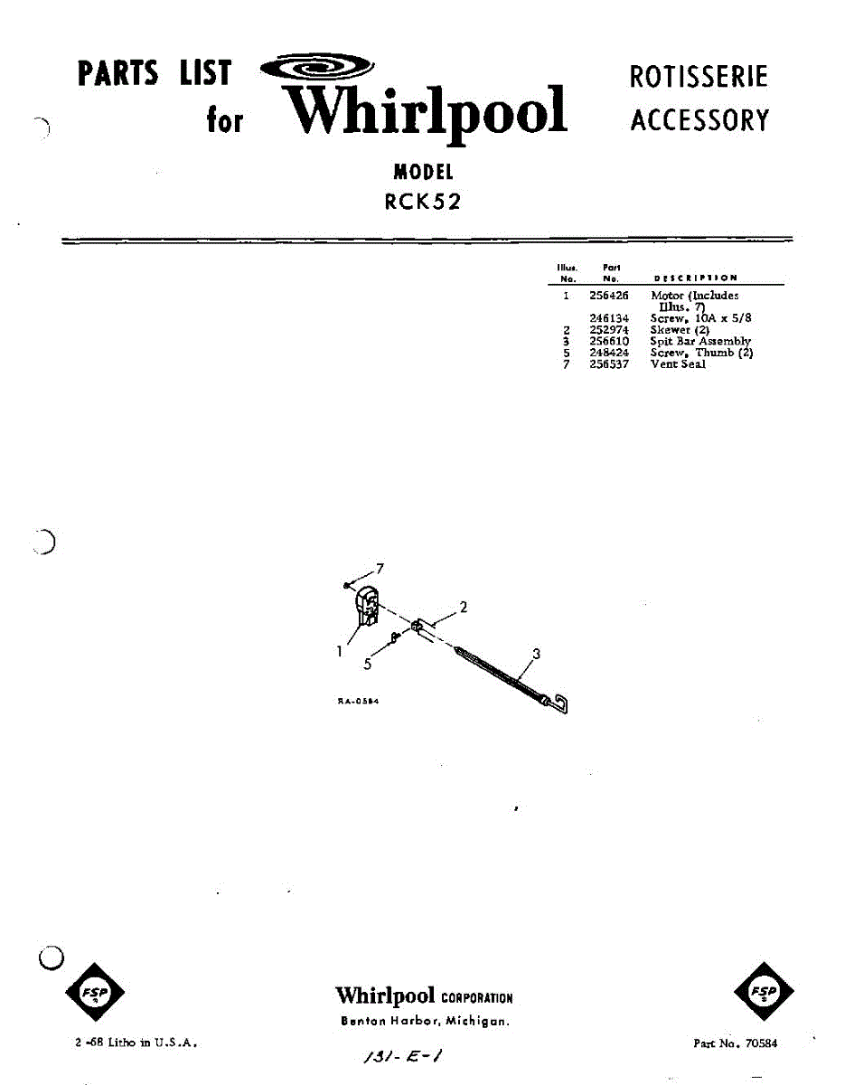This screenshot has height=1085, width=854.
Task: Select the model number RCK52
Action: [423, 203]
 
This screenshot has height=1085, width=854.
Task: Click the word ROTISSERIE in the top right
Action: [699, 77]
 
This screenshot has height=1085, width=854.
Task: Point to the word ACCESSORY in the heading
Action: [699, 120]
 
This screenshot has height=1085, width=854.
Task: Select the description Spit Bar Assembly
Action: [699, 341]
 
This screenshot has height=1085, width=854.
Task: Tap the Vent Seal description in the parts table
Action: [678, 363]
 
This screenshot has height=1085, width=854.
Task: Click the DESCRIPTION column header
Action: [695, 278]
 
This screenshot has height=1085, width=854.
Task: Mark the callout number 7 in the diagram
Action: [380, 569]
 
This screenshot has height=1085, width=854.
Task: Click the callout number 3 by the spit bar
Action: [536, 654]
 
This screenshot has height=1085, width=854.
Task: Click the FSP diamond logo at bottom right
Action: [765, 993]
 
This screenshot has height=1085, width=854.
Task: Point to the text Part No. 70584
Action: [735, 1043]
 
